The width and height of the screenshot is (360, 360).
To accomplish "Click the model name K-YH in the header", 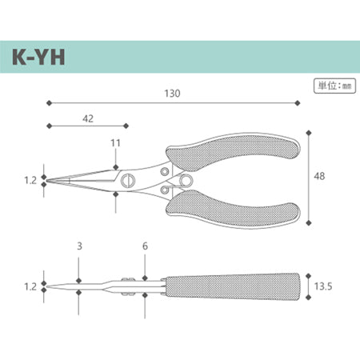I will click(x=41, y=59).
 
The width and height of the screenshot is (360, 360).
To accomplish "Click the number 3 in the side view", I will click(x=78, y=247).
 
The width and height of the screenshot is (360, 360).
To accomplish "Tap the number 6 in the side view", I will click(x=145, y=247).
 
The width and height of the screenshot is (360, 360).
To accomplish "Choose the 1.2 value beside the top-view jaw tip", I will click(x=30, y=181).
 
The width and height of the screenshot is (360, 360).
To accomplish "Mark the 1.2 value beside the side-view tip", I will click(x=30, y=284).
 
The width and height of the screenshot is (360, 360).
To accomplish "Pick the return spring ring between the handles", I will click(x=183, y=181).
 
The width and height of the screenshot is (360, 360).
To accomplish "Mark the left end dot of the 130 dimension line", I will click(x=49, y=102).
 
